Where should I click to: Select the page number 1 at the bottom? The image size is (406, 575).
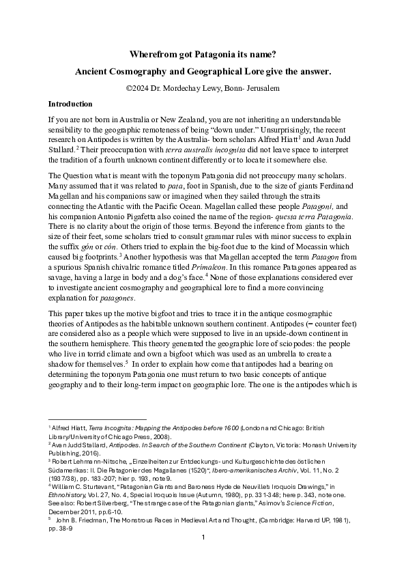(203, 556)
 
